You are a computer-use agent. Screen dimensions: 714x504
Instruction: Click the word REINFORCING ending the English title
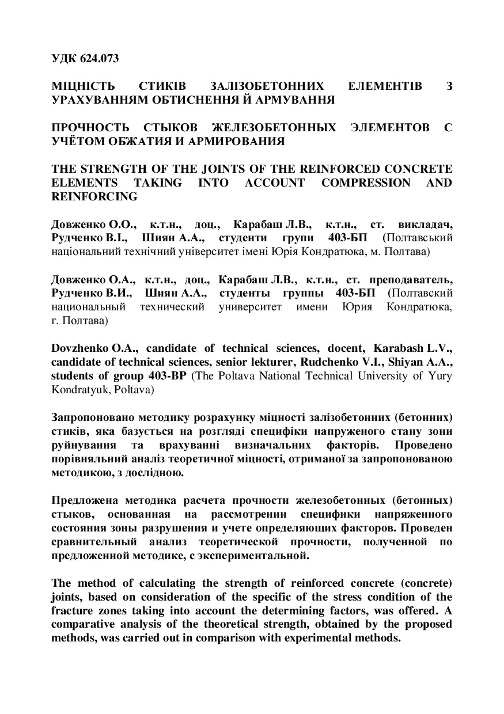click(x=94, y=196)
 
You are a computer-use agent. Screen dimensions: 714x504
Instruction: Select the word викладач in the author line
click(x=427, y=224)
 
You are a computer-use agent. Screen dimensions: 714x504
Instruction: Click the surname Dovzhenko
click(x=78, y=349)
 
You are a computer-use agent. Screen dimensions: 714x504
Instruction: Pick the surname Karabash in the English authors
click(x=399, y=349)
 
